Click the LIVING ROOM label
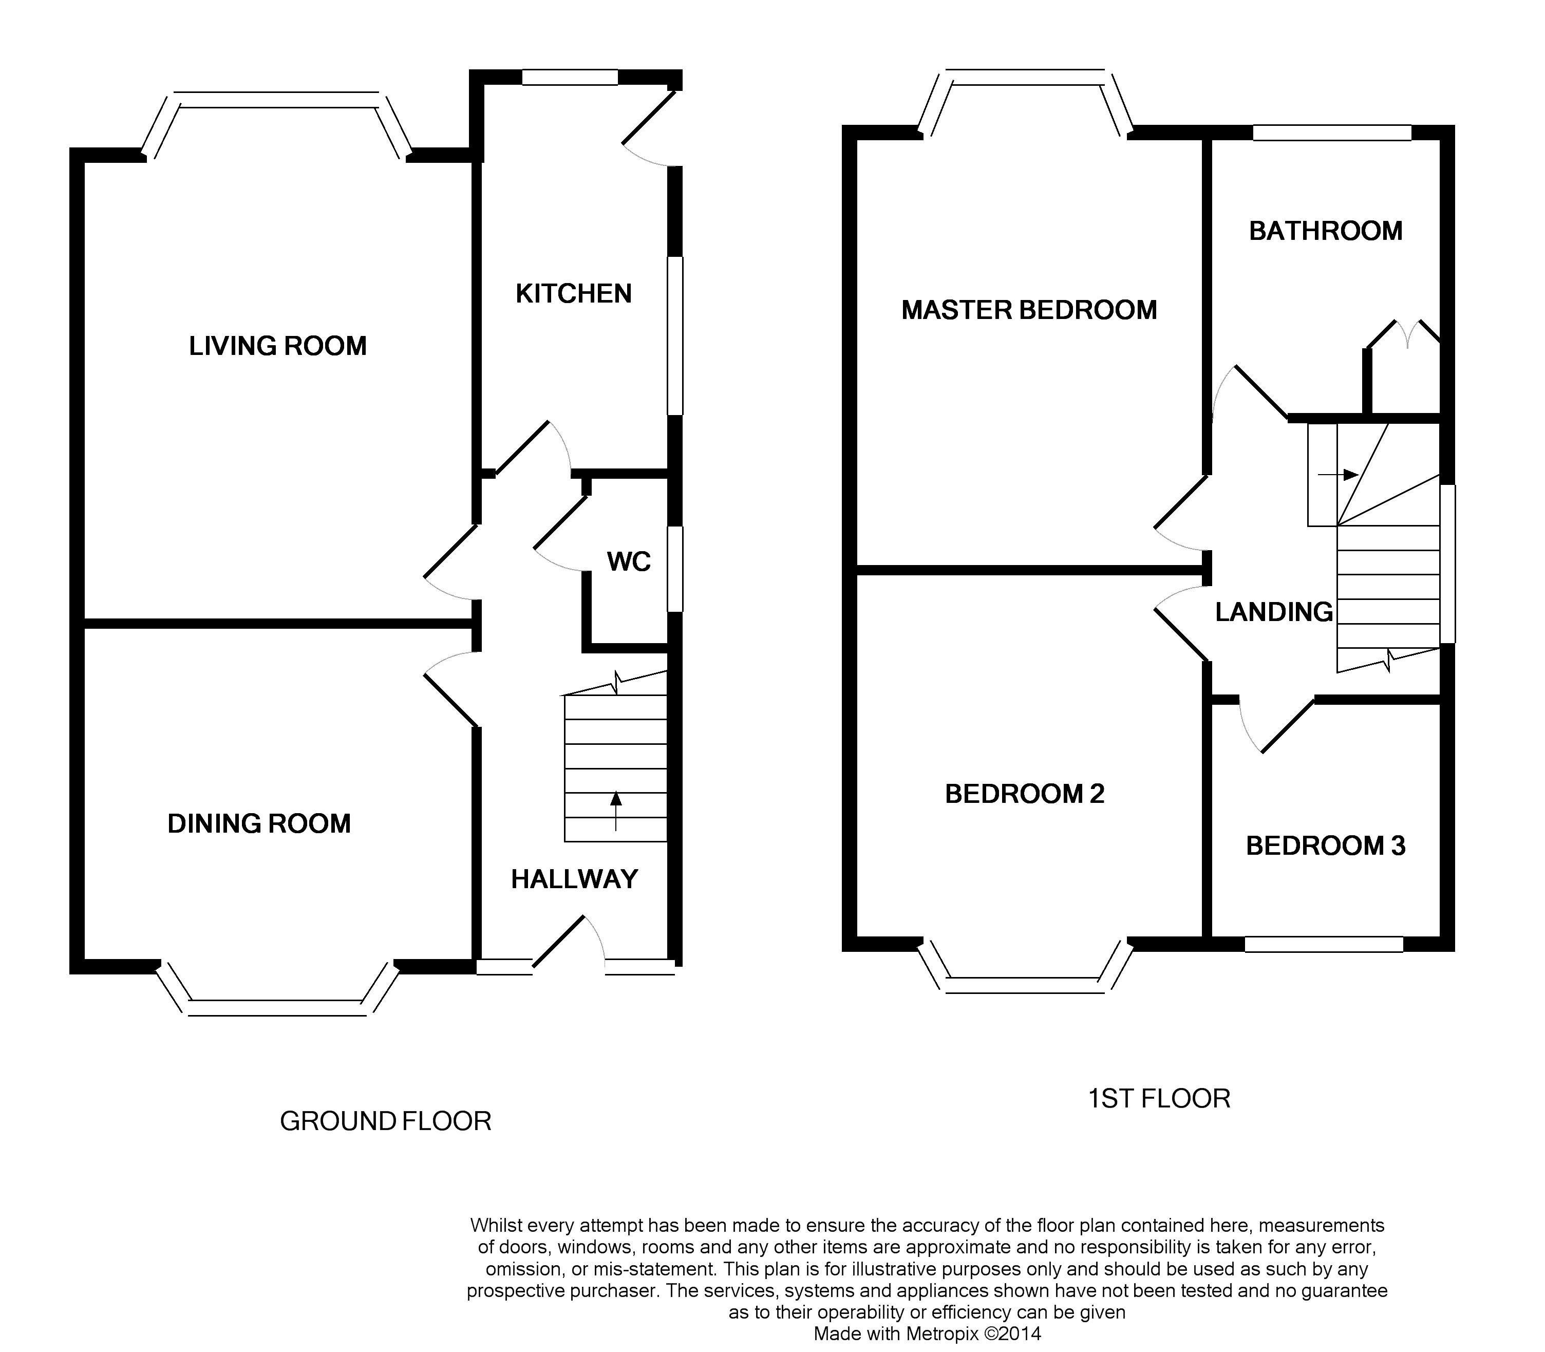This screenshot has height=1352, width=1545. pyautogui.click(x=277, y=346)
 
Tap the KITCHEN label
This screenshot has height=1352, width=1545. pyautogui.click(x=573, y=293)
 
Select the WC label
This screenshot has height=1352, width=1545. pyautogui.click(x=628, y=561)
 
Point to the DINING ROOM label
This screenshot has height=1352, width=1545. pyautogui.click(x=259, y=823)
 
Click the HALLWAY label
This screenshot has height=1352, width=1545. pyautogui.click(x=574, y=879)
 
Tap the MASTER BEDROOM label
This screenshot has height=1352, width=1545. pyautogui.click(x=1029, y=310)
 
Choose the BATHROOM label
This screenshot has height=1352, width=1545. pyautogui.click(x=1326, y=231)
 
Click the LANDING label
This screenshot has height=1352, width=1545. pyautogui.click(x=1273, y=612)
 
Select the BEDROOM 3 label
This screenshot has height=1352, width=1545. pyautogui.click(x=1326, y=846)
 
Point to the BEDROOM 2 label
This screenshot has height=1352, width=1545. pyautogui.click(x=1025, y=794)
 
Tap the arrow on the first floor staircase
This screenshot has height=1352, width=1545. pyautogui.click(x=1339, y=475)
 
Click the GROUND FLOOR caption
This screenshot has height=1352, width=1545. pyautogui.click(x=386, y=1121)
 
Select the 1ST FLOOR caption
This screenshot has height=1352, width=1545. pyautogui.click(x=1159, y=1098)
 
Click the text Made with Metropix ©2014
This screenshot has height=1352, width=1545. pyautogui.click(x=927, y=1333)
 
